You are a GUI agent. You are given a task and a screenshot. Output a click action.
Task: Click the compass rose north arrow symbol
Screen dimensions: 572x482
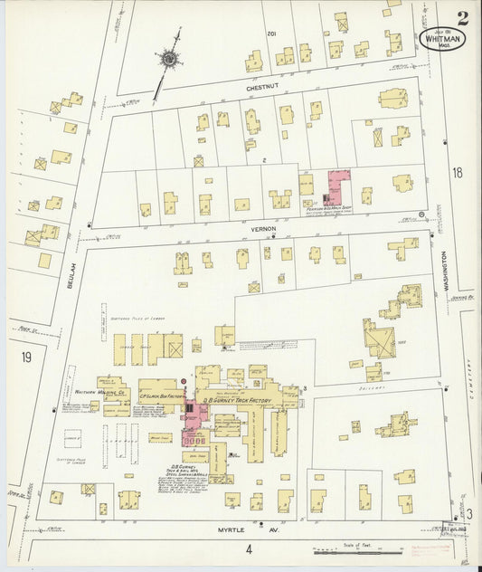point(169,59)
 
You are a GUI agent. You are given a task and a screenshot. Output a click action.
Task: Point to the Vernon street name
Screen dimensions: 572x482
point(263,230)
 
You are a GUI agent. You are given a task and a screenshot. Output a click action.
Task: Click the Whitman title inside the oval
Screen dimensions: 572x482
point(439,39)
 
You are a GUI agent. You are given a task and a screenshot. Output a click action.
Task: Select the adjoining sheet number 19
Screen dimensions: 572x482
point(26,357)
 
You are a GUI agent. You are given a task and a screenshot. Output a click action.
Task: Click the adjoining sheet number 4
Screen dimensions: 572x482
point(244,548)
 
